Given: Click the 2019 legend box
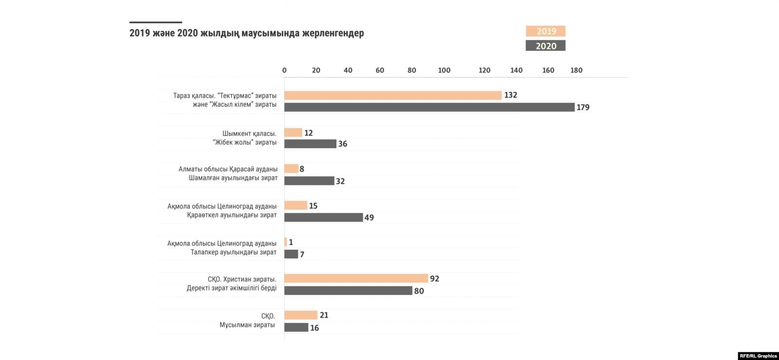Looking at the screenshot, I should (545, 31).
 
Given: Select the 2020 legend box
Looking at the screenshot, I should (545, 46).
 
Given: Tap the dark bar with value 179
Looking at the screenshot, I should (429, 107).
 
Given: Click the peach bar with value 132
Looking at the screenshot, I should (392, 95).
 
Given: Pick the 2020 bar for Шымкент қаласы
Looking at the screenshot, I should (310, 144).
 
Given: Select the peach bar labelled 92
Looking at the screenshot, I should (356, 279).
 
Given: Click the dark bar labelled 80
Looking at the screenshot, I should (348, 291).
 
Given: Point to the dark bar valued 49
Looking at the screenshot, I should (323, 217).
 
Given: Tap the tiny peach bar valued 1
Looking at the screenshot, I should (286, 242).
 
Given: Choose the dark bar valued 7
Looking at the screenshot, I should (291, 254).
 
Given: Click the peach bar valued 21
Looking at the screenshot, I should (300, 315).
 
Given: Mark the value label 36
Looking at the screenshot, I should (343, 144).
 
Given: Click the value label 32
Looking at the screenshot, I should (340, 181).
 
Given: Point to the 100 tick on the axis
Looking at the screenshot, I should (444, 70).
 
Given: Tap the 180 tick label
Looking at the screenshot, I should (576, 70).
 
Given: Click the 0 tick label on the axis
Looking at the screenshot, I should (284, 70).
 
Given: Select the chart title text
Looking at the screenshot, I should (246, 33).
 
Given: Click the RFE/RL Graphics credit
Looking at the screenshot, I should (758, 356).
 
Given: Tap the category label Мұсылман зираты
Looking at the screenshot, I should (247, 325).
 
